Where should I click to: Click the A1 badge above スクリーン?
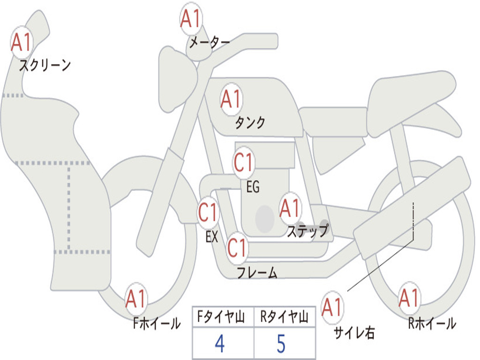[22, 42]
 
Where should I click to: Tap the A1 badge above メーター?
[191, 18]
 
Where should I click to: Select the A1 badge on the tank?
[232, 99]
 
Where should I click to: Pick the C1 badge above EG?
[244, 162]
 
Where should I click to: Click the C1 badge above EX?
[208, 212]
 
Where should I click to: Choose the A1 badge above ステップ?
[290, 208]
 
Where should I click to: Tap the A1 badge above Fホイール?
[136, 299]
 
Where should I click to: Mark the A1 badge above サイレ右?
[332, 307]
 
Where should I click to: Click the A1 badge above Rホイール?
[409, 298]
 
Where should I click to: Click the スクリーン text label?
[45, 65]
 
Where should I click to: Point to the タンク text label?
[250, 122]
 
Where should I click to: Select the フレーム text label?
[257, 272]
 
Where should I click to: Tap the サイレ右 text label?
[354, 333]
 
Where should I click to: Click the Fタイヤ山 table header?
[221, 317]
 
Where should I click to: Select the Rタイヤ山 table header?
[284, 317]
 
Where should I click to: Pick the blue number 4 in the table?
[220, 344]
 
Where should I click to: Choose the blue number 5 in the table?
[281, 344]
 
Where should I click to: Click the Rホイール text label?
[432, 323]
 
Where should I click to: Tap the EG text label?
[253, 187]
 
